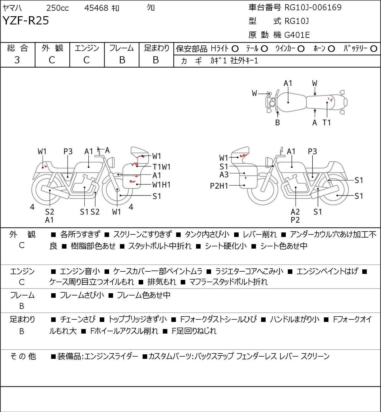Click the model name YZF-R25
26,20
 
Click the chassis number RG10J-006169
313,7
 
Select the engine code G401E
297,35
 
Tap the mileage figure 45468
96,8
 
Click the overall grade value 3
17,60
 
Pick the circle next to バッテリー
374,49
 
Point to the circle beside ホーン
331,49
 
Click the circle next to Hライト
235,49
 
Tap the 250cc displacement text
57,8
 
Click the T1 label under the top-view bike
326,122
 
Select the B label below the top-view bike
278,122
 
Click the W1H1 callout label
161,185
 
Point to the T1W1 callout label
161,167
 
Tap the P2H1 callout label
219,186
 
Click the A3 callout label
224,175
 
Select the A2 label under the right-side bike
295,212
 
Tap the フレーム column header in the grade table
121,48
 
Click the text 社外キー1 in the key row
244,61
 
